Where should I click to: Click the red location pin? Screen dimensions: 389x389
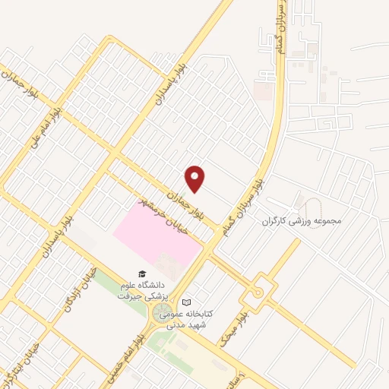point(196,178)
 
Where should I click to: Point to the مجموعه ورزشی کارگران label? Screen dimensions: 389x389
point(303,222)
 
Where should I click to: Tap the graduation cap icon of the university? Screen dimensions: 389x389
point(141,274)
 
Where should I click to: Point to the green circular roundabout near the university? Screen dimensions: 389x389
point(163,315)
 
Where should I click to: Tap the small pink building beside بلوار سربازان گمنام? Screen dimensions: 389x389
point(263,92)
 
